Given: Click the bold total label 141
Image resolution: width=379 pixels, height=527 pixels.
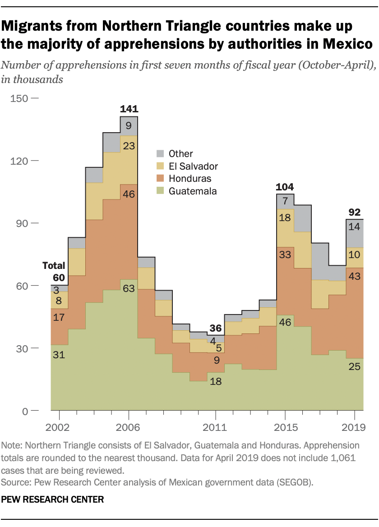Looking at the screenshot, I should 129,109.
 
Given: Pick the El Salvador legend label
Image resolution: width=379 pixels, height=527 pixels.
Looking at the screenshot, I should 194,166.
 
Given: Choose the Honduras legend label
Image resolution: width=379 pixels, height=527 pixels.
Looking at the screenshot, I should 190,179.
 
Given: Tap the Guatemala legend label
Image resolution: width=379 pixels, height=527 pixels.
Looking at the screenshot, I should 193,191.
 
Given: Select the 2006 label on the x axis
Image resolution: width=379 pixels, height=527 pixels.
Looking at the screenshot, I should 129,427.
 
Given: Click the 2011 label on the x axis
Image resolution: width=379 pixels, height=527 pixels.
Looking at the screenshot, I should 215,427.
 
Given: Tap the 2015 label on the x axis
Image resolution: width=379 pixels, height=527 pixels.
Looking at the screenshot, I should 285,427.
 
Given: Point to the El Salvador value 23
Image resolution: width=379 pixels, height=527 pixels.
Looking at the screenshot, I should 129,146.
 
